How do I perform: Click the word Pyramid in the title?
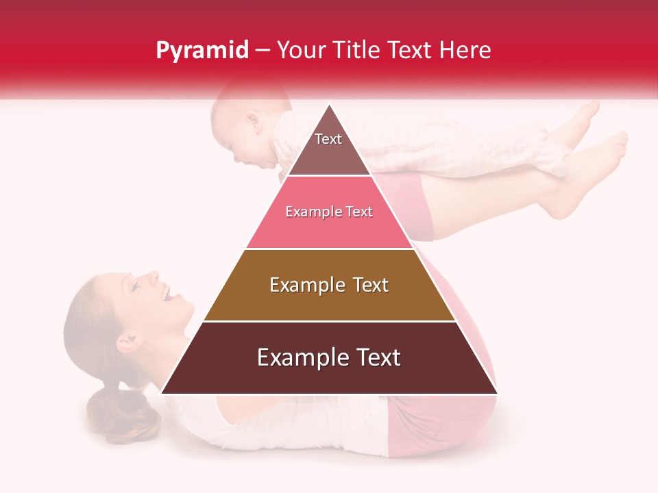[x=202, y=51]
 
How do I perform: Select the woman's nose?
[x=152, y=277]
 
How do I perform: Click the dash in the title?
[x=262, y=51]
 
